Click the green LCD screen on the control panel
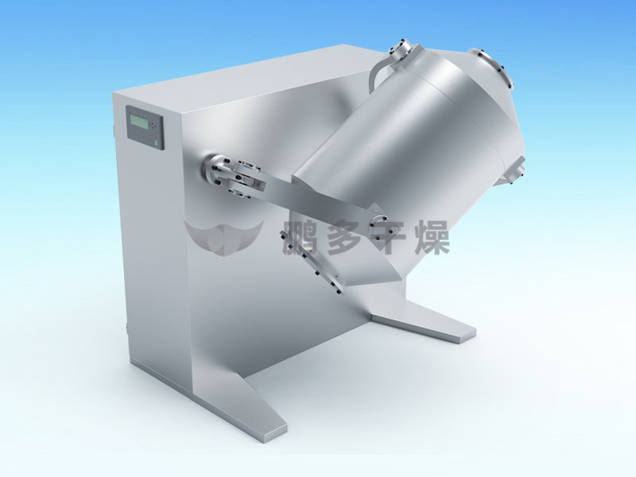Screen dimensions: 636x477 pos(138,122)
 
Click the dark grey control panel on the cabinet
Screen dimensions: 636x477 pos(145,128)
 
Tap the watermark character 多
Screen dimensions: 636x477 pos(344,237)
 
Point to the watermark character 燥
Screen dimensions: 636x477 pos(432,237)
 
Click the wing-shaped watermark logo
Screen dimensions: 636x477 pos(224,237)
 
